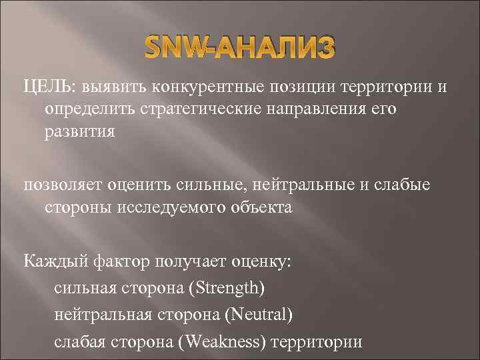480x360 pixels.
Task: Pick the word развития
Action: [79, 131]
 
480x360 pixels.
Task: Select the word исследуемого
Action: [165, 207]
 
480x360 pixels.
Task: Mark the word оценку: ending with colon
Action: [262, 261]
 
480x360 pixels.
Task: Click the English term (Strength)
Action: [227, 288]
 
